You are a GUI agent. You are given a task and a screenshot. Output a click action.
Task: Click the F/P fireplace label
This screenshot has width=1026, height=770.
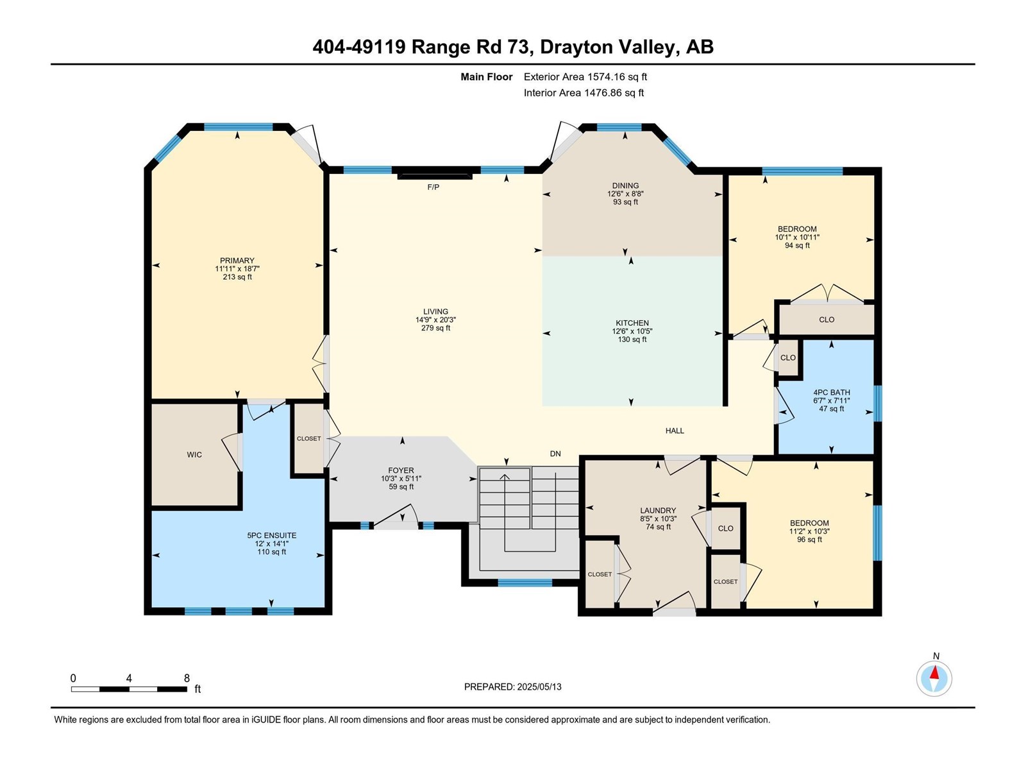[433, 187]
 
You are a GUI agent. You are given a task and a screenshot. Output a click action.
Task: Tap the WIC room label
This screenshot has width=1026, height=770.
[194, 454]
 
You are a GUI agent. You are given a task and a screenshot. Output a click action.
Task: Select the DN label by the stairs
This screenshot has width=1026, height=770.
[555, 454]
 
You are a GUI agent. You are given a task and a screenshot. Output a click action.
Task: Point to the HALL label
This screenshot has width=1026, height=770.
[675, 431]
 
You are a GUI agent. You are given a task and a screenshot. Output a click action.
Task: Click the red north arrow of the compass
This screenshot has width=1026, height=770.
[934, 672]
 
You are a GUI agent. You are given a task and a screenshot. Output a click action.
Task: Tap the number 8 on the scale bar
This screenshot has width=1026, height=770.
[187, 678]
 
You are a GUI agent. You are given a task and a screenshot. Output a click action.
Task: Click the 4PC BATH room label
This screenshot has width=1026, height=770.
[831, 392]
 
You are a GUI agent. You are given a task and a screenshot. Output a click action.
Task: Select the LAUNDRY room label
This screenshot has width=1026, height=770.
[658, 511]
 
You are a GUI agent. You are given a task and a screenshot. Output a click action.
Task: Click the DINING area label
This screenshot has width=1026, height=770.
[625, 185]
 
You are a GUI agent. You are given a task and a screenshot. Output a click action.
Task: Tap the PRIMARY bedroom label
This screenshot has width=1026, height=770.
[237, 261]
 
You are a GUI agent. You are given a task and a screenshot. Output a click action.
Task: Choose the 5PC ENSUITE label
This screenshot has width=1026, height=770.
[272, 535]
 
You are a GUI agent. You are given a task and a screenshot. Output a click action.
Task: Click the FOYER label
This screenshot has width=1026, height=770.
[401, 470]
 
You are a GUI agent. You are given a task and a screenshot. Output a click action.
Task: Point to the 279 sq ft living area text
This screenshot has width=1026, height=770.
[435, 328]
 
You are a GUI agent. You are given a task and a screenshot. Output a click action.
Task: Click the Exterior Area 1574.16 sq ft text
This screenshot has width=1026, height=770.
[585, 76]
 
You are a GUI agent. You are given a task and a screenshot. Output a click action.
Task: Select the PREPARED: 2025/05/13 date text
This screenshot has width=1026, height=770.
[513, 687]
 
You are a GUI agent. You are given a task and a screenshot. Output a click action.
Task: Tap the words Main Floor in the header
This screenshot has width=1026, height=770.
[487, 76]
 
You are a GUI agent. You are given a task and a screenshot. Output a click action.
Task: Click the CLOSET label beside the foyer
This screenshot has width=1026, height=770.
[308, 438]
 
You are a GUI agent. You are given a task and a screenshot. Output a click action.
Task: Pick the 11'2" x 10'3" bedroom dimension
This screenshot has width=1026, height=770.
[810, 531]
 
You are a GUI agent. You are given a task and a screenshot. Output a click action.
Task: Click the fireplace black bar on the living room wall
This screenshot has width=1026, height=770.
[435, 176]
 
